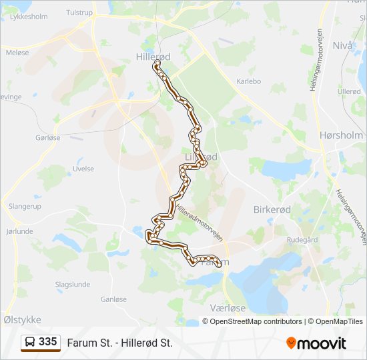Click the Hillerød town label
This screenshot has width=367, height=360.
coord(153,57)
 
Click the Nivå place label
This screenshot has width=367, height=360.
coord(342,46)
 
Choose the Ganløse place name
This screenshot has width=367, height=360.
coord(113,299)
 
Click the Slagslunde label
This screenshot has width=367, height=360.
coord(73,284)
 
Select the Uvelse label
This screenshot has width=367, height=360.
coord(83,169)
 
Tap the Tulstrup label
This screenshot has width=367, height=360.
coord(79,13)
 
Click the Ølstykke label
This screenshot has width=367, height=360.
coord(22,320)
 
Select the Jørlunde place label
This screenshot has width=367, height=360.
coord(19,231)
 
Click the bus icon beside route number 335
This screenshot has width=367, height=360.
coord(30,343)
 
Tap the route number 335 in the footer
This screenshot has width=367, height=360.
coord(48,342)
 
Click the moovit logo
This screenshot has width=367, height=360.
coord(316,343)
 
